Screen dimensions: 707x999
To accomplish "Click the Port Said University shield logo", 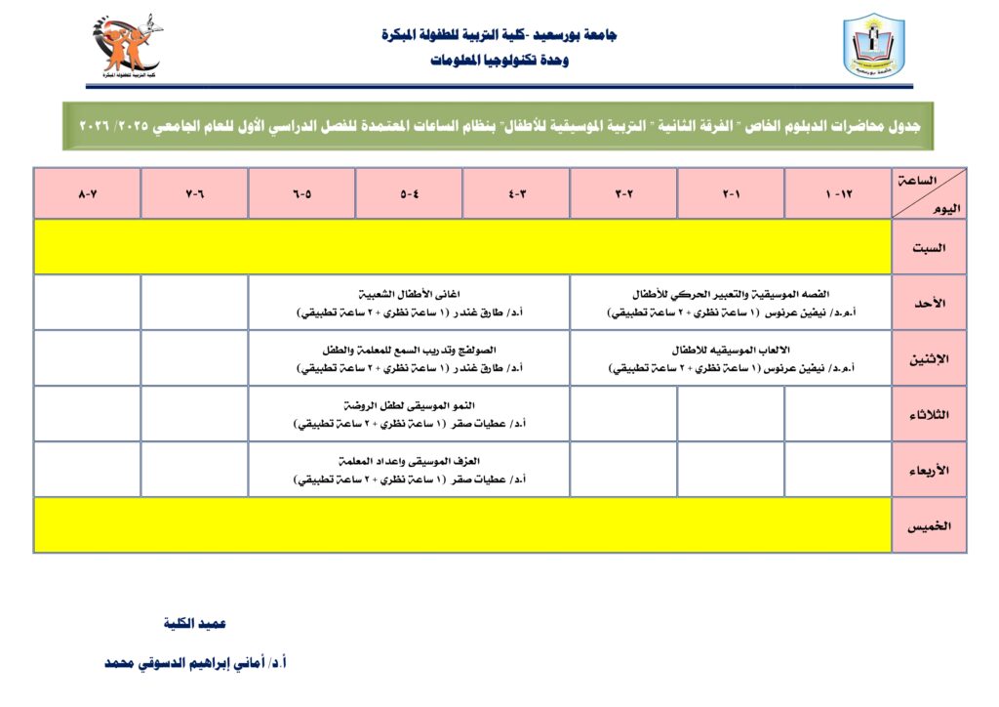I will (873, 46).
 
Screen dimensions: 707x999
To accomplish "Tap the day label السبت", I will (929, 247).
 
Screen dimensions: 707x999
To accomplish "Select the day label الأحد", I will (929, 303).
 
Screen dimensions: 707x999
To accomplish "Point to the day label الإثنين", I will (929, 358).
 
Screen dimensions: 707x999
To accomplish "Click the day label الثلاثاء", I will (929, 414).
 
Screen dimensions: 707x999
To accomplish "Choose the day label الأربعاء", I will (929, 470).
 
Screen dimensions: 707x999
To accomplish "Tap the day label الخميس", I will (929, 525).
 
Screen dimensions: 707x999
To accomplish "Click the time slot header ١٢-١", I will (838, 193).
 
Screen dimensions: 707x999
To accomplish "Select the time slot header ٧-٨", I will (88, 193).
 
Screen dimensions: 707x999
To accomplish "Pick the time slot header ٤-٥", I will (409, 193).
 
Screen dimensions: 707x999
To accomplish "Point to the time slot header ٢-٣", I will (623, 193).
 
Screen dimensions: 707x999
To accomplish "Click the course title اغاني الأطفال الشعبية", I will (410, 294).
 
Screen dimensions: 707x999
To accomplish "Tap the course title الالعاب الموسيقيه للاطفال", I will (731, 350).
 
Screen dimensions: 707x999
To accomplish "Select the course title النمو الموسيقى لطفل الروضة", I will (410, 405).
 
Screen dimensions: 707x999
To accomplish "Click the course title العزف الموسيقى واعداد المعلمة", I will (410, 461).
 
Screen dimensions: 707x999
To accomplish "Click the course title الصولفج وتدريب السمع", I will (410, 350).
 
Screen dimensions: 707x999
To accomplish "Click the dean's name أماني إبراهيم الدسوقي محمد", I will (195, 662).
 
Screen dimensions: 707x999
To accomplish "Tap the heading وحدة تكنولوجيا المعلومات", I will (499, 61).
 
